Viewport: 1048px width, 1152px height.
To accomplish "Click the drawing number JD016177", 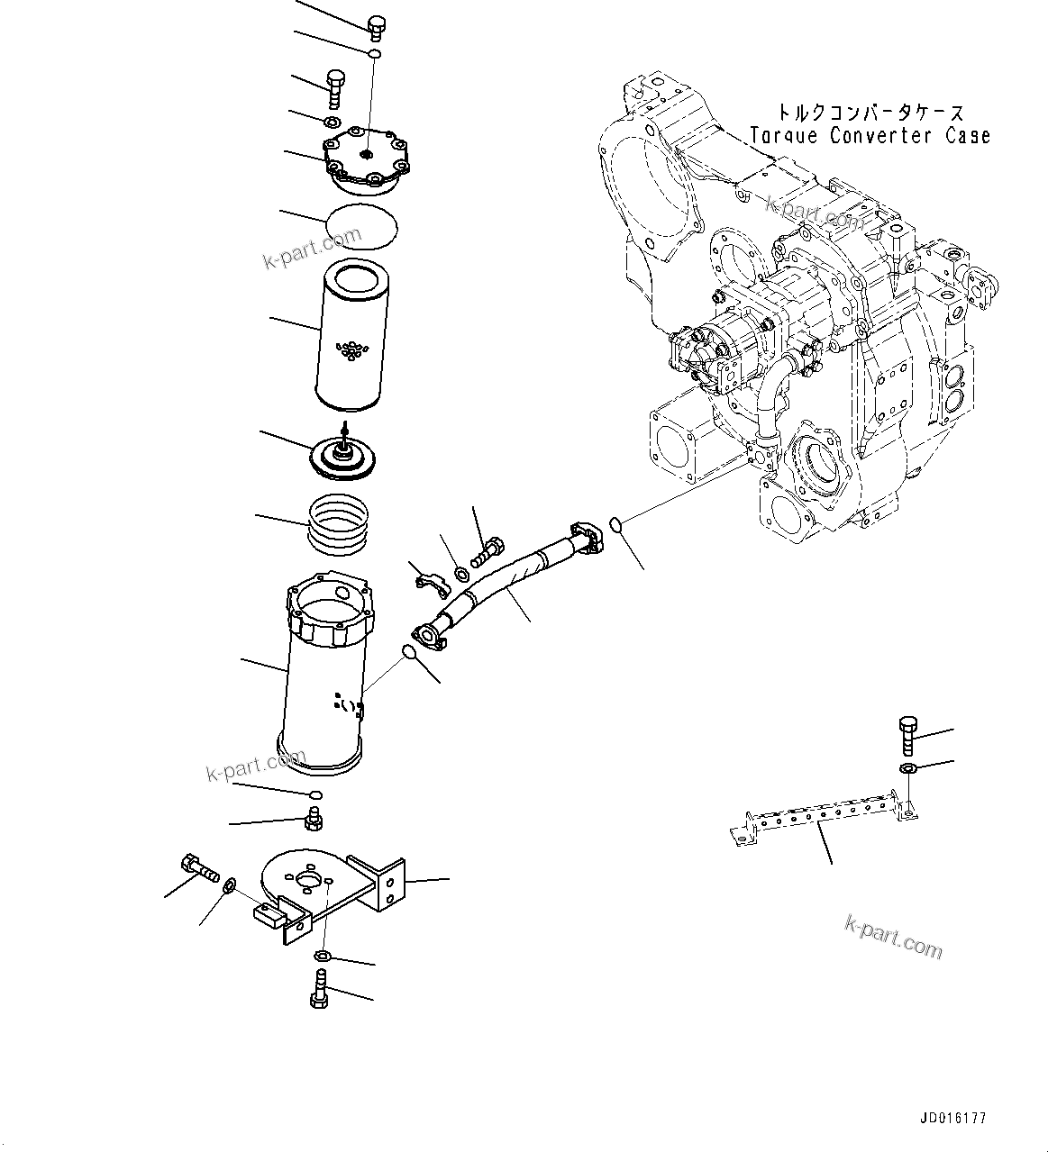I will [x=953, y=1119].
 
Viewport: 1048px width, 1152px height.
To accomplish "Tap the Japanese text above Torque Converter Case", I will [x=870, y=113].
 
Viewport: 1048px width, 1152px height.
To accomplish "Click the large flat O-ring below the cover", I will [x=363, y=224].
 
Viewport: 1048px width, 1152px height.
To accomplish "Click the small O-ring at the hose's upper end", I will [x=615, y=523].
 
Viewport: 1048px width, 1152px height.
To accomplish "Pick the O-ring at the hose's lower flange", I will [x=410, y=653].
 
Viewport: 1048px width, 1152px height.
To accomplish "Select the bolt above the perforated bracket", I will [x=907, y=732].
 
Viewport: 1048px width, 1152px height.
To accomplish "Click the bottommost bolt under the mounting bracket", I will [x=318, y=987].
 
